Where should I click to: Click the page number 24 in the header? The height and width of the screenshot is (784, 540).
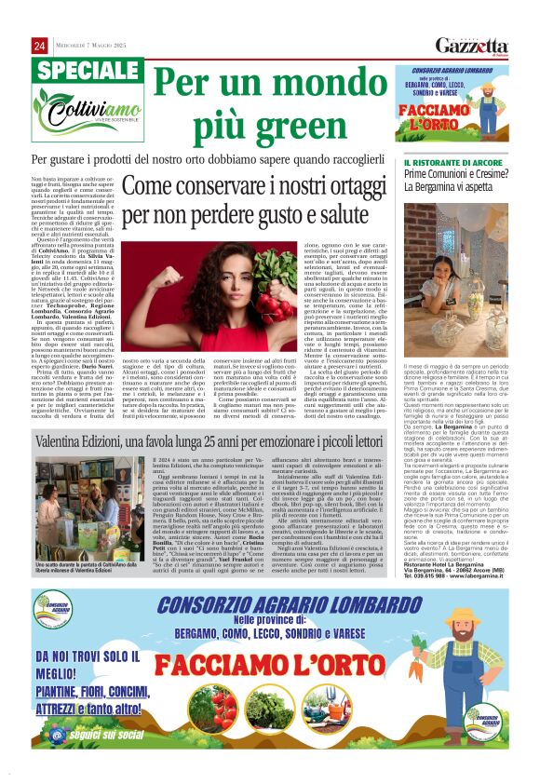(40, 46)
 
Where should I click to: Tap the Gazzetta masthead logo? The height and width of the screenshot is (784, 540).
(474, 46)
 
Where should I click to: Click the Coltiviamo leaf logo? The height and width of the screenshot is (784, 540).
(74, 116)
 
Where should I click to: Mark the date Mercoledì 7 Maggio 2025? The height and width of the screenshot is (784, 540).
(94, 46)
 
